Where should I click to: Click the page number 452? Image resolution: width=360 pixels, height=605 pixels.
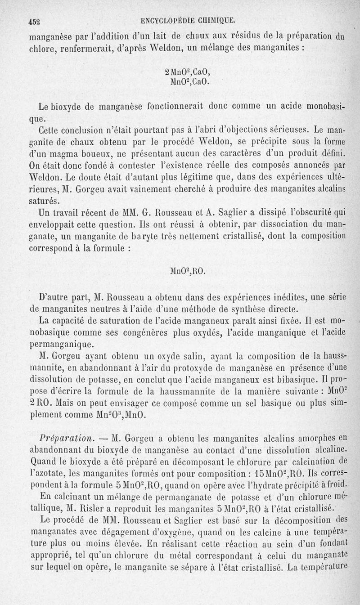tap(34, 20)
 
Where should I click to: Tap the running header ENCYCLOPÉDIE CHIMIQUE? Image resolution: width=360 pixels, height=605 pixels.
tap(188, 20)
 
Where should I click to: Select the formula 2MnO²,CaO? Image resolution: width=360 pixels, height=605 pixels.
tap(187, 72)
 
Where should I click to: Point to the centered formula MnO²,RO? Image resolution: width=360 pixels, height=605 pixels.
tap(188, 271)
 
